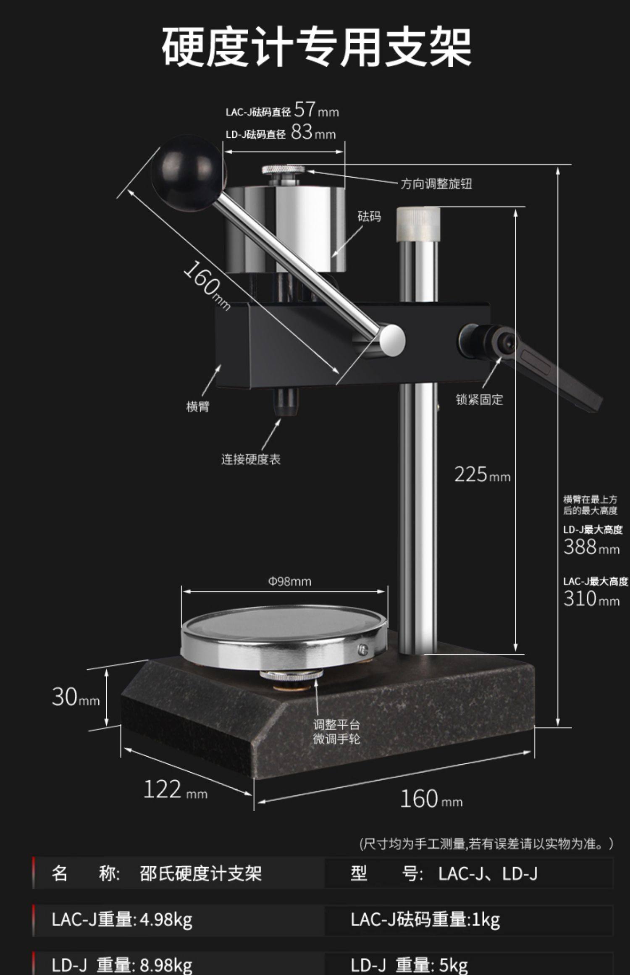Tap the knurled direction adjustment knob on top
pyautogui.click(x=283, y=170)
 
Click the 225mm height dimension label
pyautogui.click(x=482, y=475)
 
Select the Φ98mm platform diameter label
pyautogui.click(x=290, y=582)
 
